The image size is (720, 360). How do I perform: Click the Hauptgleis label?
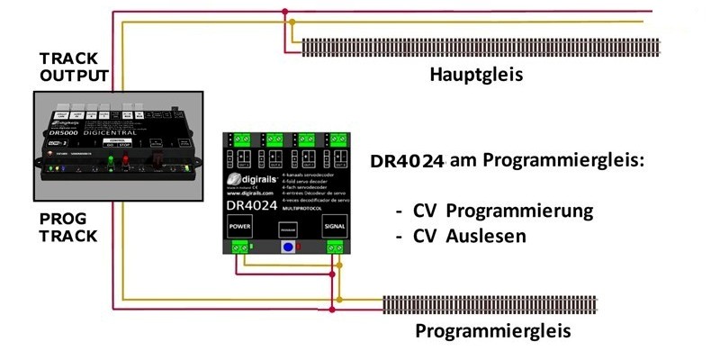click(x=476, y=74)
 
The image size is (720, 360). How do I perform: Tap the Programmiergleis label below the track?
click(x=492, y=330)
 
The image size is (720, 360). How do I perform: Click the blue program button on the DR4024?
click(x=288, y=247)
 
